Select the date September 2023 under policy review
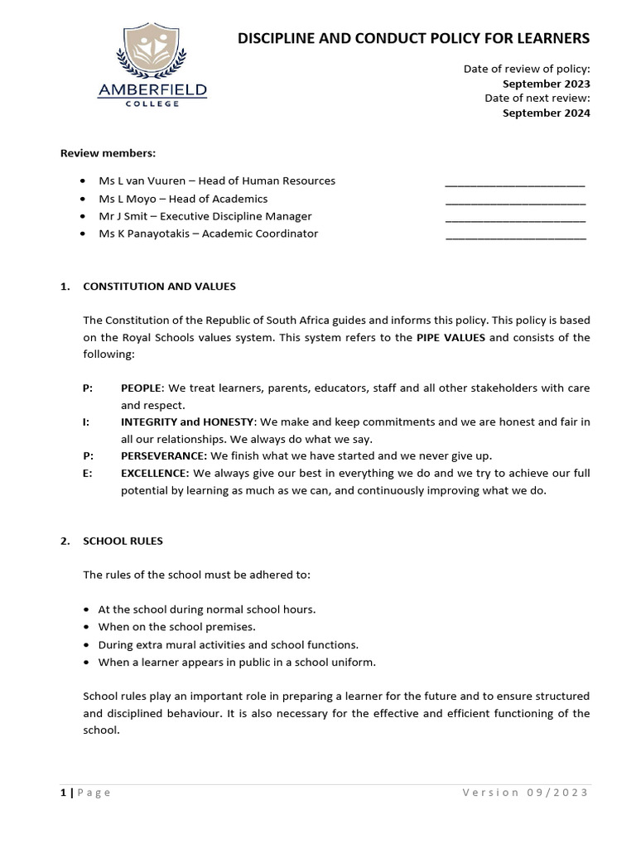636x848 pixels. pos(547,84)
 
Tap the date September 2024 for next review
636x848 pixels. pos(547,113)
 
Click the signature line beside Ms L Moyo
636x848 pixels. pos(515,200)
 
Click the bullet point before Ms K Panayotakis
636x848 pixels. pos(83,234)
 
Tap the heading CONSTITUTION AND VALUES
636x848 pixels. pos(159,287)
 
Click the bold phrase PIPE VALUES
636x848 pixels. pos(451,337)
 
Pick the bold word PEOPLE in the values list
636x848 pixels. pos(142,388)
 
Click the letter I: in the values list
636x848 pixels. pos(86,422)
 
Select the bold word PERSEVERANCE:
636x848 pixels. pos(164,456)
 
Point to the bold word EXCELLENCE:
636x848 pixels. pos(155,473)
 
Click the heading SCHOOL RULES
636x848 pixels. pos(123,541)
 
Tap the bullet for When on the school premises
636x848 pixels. pos(87,627)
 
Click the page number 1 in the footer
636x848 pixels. pos(63,793)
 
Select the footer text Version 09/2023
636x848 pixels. pos(525,793)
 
